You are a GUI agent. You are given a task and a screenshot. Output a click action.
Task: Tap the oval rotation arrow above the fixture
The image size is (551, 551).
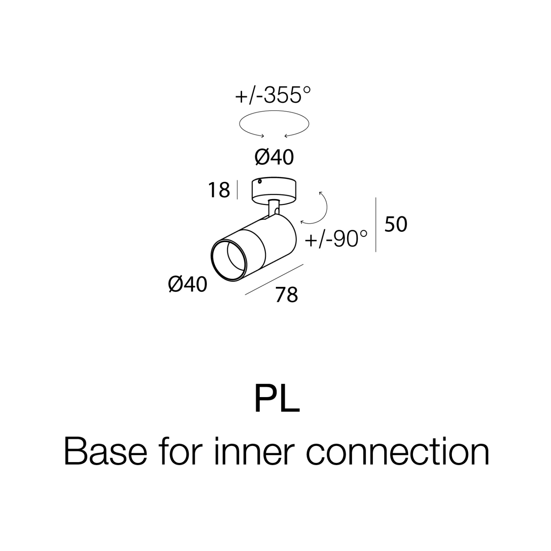(274, 111)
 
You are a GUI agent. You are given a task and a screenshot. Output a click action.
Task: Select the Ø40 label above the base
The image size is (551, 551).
(274, 157)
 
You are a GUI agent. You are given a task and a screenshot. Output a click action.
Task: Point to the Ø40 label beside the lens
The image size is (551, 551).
(188, 285)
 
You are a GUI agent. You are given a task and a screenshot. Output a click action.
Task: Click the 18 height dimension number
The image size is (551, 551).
(219, 190)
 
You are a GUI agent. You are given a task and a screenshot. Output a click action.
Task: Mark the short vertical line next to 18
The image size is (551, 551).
(237, 189)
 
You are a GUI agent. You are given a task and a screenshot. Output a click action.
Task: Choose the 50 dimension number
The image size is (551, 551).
(396, 224)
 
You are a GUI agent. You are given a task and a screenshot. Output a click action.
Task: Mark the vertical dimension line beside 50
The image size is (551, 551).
(375, 225)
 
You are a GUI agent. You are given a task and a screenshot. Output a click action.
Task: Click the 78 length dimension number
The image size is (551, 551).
(287, 295)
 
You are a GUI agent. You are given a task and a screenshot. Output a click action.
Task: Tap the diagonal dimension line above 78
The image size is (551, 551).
(274, 279)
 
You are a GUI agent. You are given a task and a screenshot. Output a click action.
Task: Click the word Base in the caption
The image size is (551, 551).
(105, 452)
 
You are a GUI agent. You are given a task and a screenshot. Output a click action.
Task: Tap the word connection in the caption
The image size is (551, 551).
(398, 452)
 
